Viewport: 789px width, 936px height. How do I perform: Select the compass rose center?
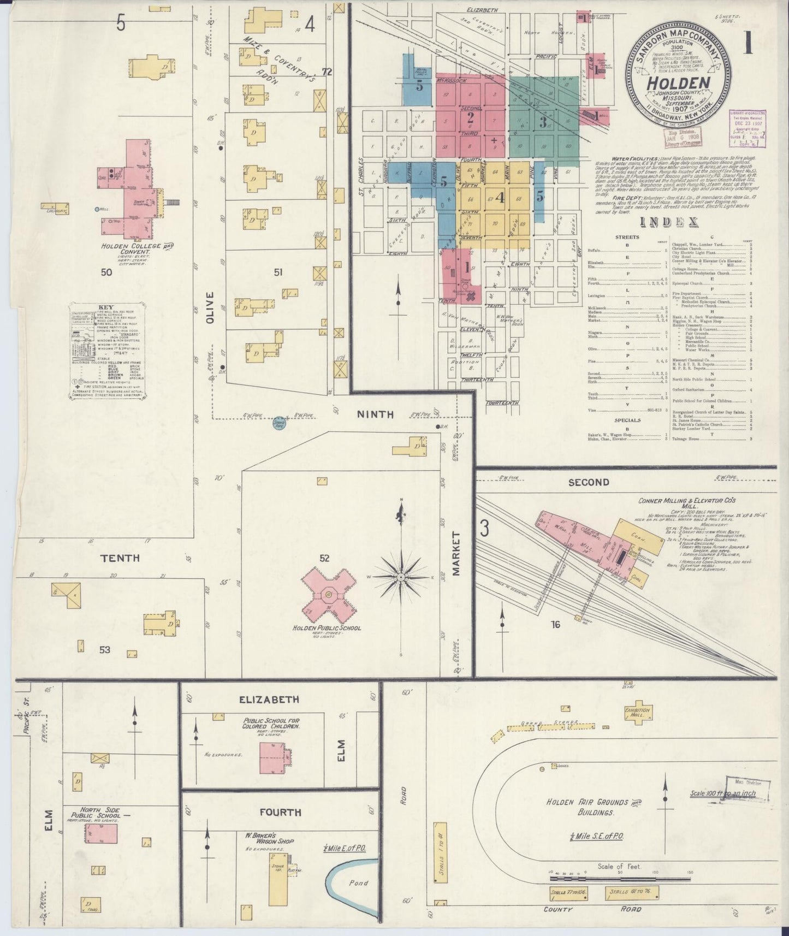coord(400,577)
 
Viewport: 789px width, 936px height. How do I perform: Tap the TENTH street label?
coord(120,558)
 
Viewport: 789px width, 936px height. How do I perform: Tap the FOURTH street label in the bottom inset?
coord(281,812)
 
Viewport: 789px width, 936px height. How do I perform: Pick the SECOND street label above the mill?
coord(588,482)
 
